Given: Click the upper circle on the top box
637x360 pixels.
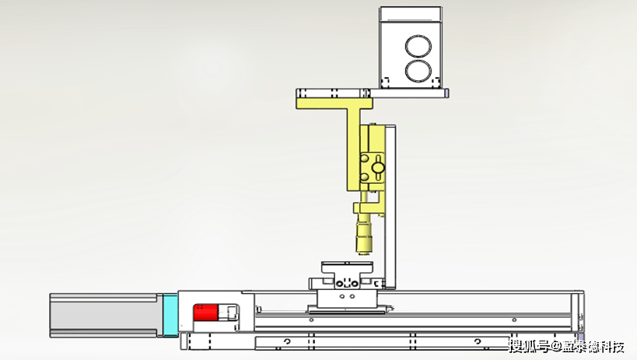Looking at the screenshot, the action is pos(418,46).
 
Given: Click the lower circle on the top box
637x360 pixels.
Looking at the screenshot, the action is pos(418,71).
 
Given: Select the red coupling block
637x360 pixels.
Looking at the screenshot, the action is pos(205,313).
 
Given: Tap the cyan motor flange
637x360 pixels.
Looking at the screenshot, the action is pos(170,315).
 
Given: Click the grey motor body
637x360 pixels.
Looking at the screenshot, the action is pos(103,316).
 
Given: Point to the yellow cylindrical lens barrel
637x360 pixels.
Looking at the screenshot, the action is pos(363,236).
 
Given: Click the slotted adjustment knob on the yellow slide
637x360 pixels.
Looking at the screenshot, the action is pos(379,167).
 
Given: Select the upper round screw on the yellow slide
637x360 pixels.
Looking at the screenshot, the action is pos(364,158).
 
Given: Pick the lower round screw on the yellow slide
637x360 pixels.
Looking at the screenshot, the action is pos(364,177).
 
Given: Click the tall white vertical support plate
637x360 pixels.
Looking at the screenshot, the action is pos(390,207).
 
